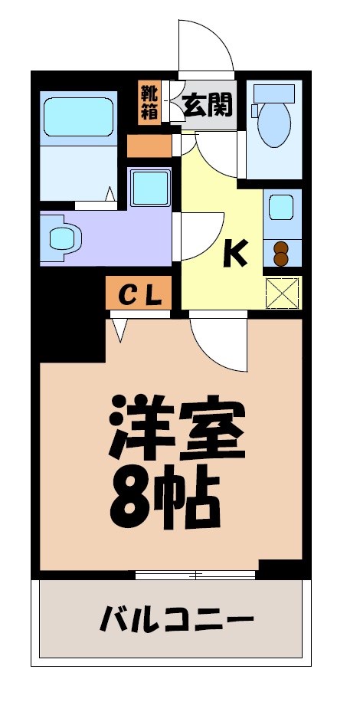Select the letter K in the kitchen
235,253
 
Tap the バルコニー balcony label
176,618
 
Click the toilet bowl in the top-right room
273,123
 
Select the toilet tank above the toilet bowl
273,92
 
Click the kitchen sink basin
281,208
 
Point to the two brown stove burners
281,252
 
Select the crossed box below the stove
282,292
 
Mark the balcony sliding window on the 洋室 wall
195,574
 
